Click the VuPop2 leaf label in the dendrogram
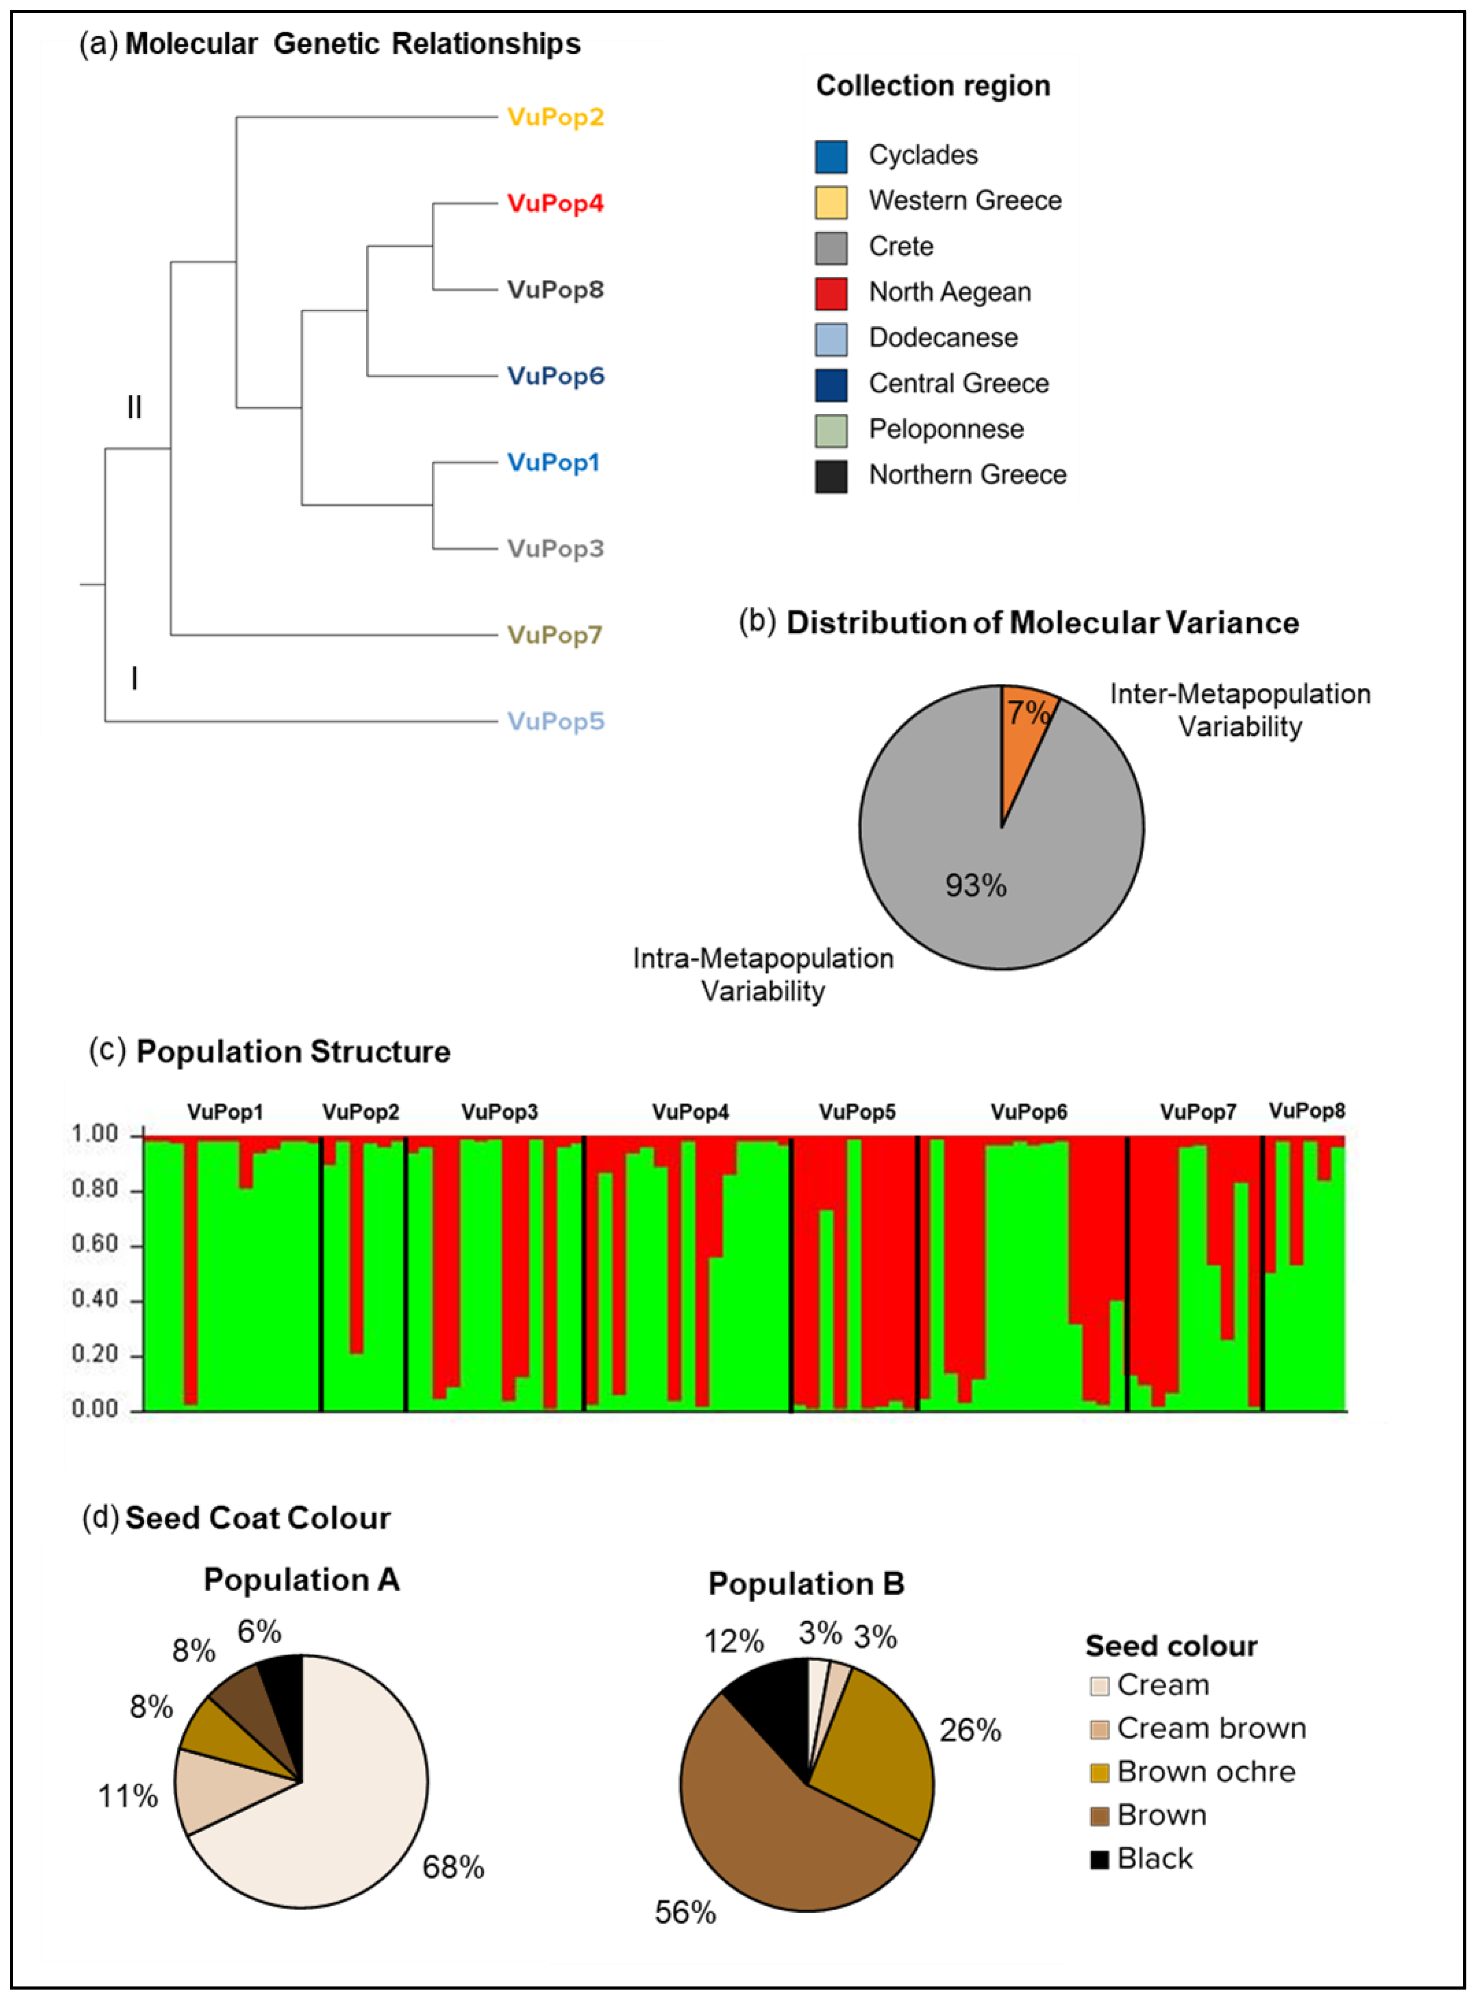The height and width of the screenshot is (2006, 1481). pos(555,117)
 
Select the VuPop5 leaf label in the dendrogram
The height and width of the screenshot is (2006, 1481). pos(555,722)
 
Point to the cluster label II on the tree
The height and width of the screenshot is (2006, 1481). pos(135,408)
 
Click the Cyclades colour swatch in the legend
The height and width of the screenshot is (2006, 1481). pos(831,156)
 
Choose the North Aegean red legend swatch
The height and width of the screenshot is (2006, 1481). pos(831,293)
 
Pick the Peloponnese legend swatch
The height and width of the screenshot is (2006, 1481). pos(831,430)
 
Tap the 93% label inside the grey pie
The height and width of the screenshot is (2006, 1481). pos(975,886)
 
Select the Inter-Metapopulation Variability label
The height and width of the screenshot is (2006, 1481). pos(1240,710)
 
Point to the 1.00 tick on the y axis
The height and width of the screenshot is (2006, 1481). pos(95,1135)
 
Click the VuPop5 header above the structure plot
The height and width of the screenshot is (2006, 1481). pos(857,1112)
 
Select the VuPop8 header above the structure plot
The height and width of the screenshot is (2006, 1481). pos(1306,1111)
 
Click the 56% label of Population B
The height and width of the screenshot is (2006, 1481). pos(685,1913)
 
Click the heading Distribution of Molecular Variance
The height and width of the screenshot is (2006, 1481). pos(1042,623)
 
